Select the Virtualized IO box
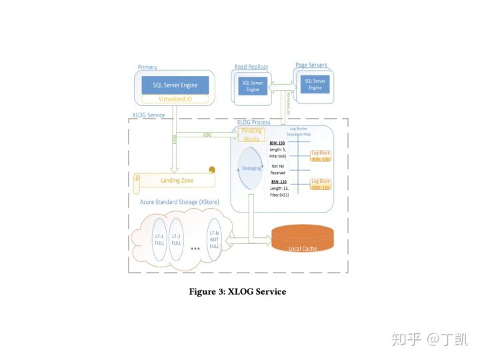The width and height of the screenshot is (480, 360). point(175,99)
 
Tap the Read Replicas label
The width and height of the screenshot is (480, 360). point(251,67)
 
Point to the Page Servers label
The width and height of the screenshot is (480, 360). point(311,65)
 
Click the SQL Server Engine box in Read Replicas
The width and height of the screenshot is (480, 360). point(253,87)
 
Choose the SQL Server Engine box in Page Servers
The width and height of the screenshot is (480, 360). point(315,85)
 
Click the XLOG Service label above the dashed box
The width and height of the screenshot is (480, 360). point(149,116)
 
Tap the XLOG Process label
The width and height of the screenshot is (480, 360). point(254,123)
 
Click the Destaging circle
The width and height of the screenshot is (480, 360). point(251,168)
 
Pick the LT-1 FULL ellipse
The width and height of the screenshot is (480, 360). point(160,239)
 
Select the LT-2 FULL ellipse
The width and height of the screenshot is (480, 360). point(177,239)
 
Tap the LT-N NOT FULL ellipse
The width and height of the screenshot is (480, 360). point(214,239)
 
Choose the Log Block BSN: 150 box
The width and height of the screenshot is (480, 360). point(321,157)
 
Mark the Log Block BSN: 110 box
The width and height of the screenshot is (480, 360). point(321,185)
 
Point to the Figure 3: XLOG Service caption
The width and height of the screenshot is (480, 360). point(237,291)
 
